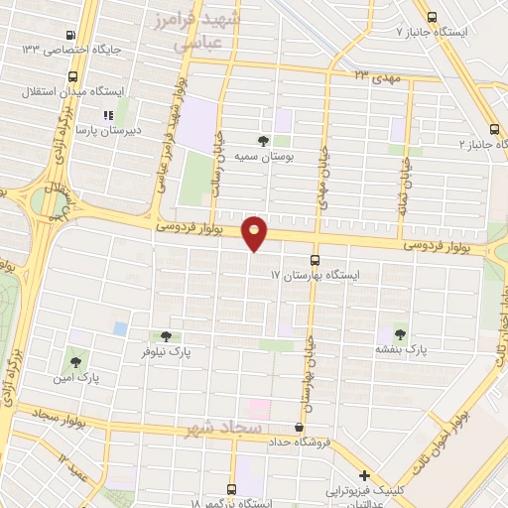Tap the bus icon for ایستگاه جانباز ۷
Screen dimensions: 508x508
click(432, 16)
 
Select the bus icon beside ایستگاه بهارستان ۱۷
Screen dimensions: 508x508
click(317, 258)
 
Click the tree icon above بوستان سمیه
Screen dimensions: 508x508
click(263, 140)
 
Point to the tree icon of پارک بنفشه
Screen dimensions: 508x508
click(400, 333)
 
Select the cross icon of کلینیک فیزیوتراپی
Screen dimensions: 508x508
click(365, 477)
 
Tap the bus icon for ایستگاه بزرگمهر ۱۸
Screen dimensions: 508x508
click(231, 489)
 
